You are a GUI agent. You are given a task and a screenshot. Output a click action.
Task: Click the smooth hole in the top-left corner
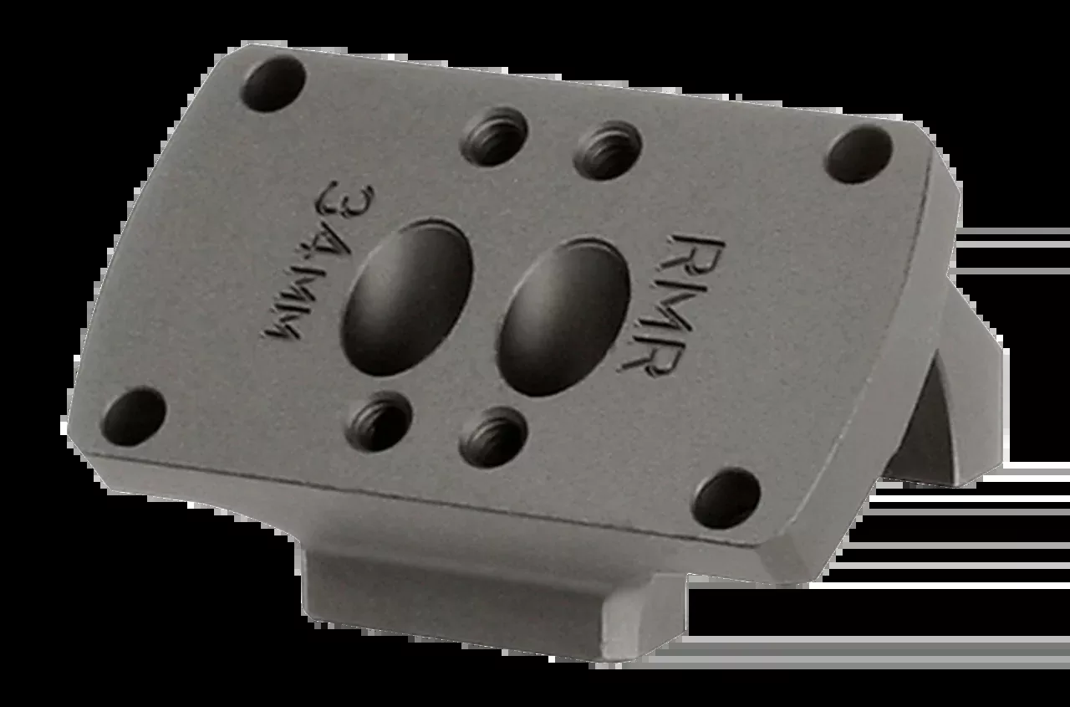[274, 85]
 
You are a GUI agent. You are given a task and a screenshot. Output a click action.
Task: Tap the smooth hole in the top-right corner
[860, 154]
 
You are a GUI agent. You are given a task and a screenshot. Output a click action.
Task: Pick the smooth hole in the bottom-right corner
[727, 499]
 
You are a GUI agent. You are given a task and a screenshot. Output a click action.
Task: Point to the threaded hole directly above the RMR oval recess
[608, 151]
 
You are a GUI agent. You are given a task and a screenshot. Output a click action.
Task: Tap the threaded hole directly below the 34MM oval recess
[380, 422]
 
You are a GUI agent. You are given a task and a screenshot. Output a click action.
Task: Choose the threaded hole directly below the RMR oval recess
[493, 438]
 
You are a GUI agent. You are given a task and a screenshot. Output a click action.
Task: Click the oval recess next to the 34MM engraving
[407, 297]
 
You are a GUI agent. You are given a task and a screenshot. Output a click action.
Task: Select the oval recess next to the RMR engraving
[563, 317]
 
